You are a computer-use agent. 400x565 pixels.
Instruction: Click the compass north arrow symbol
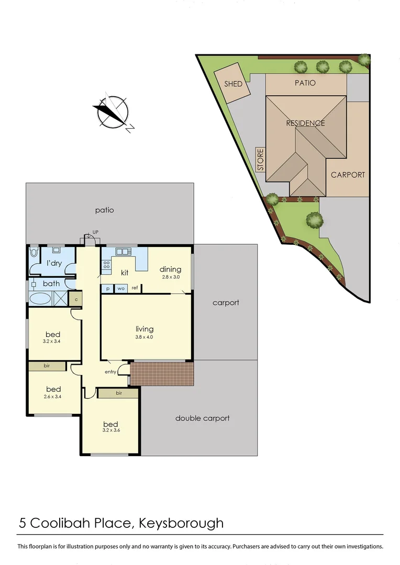point(112,112)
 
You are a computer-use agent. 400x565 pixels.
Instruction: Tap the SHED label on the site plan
point(233,84)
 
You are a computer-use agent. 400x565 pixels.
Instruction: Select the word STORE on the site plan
point(261,160)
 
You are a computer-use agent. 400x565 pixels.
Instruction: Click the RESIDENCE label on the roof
point(305,123)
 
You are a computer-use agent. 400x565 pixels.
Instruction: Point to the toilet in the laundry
point(35,252)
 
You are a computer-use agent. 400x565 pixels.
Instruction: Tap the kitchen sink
point(123,251)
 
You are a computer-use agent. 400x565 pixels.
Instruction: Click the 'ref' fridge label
point(135,288)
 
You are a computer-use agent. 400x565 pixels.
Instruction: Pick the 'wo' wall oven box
point(120,288)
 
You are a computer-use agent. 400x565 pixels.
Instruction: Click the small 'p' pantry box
point(107,288)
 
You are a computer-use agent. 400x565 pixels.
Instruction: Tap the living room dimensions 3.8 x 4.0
point(145,337)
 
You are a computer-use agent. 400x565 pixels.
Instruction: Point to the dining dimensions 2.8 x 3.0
point(170,277)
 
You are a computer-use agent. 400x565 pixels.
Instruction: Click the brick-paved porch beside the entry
point(162,374)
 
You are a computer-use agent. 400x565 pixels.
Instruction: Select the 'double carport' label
point(202,418)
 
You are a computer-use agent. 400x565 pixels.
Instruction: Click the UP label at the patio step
point(95,232)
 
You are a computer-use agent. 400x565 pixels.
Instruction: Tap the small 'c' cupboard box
point(76,299)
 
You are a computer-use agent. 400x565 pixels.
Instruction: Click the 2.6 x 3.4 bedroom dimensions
point(53,397)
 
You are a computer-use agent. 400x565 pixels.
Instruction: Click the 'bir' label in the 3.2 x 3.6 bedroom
point(118,393)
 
